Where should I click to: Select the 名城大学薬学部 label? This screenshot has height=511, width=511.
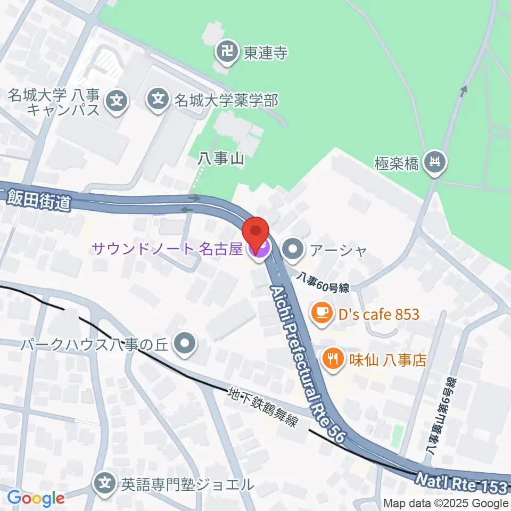[226, 99]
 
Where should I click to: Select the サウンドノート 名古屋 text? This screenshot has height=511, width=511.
[167, 248]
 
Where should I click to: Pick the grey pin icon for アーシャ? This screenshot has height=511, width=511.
[292, 248]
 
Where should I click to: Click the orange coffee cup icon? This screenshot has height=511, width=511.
[320, 314]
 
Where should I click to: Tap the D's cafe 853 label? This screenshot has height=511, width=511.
[378, 314]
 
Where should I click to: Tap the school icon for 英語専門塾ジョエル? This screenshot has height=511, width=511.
[105, 484]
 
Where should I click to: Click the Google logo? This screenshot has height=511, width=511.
[36, 498]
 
